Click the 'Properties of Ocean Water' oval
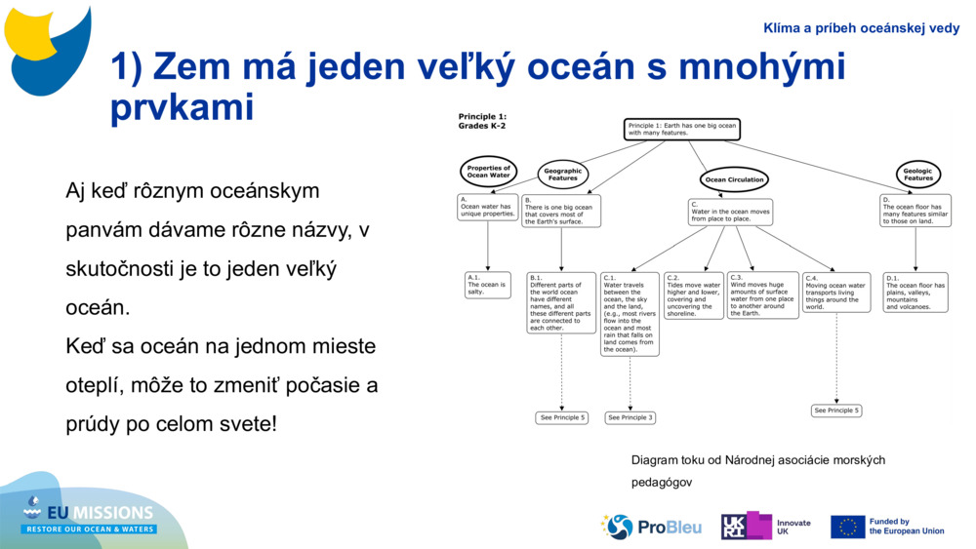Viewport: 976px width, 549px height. pyautogui.click(x=488, y=172)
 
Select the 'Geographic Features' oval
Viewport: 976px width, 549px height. pyautogui.click(x=562, y=175)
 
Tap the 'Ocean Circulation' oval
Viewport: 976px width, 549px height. pyautogui.click(x=734, y=179)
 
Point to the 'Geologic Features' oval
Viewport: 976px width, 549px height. pyautogui.click(x=917, y=175)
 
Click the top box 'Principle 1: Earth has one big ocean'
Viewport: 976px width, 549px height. pyautogui.click(x=681, y=130)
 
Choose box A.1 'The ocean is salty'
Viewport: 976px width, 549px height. pyautogui.click(x=487, y=285)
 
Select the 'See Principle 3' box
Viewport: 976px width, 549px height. pyautogui.click(x=630, y=417)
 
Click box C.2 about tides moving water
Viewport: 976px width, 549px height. pyautogui.click(x=693, y=295)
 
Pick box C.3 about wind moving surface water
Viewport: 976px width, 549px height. pyautogui.click(x=762, y=295)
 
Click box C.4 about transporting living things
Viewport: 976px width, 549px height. pyautogui.click(x=835, y=293)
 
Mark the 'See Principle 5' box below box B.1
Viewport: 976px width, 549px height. pyautogui.click(x=562, y=417)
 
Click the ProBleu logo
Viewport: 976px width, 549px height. pyautogui.click(x=651, y=527)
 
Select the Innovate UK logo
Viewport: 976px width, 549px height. pyautogui.click(x=765, y=527)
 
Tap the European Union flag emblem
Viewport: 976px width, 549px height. pyautogui.click(x=847, y=527)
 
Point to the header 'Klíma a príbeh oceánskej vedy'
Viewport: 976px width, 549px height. pyautogui.click(x=861, y=28)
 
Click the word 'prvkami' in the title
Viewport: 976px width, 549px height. pyautogui.click(x=182, y=107)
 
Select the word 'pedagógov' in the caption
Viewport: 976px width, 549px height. pyautogui.click(x=661, y=482)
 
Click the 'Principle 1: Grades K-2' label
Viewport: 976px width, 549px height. pyautogui.click(x=482, y=121)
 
